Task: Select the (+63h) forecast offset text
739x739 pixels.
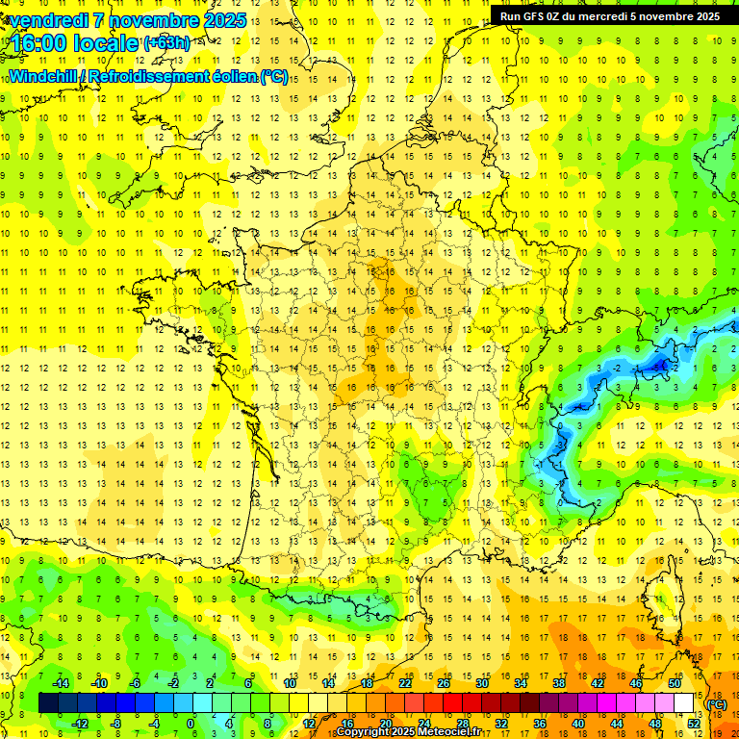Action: point(166,42)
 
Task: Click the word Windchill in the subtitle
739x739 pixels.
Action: point(40,76)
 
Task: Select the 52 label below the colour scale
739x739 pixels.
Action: point(694,723)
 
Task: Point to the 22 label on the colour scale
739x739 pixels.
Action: point(405,682)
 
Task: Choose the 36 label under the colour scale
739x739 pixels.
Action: point(540,723)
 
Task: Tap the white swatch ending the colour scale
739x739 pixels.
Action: point(684,702)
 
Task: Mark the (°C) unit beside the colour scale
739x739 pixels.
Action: point(717,703)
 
